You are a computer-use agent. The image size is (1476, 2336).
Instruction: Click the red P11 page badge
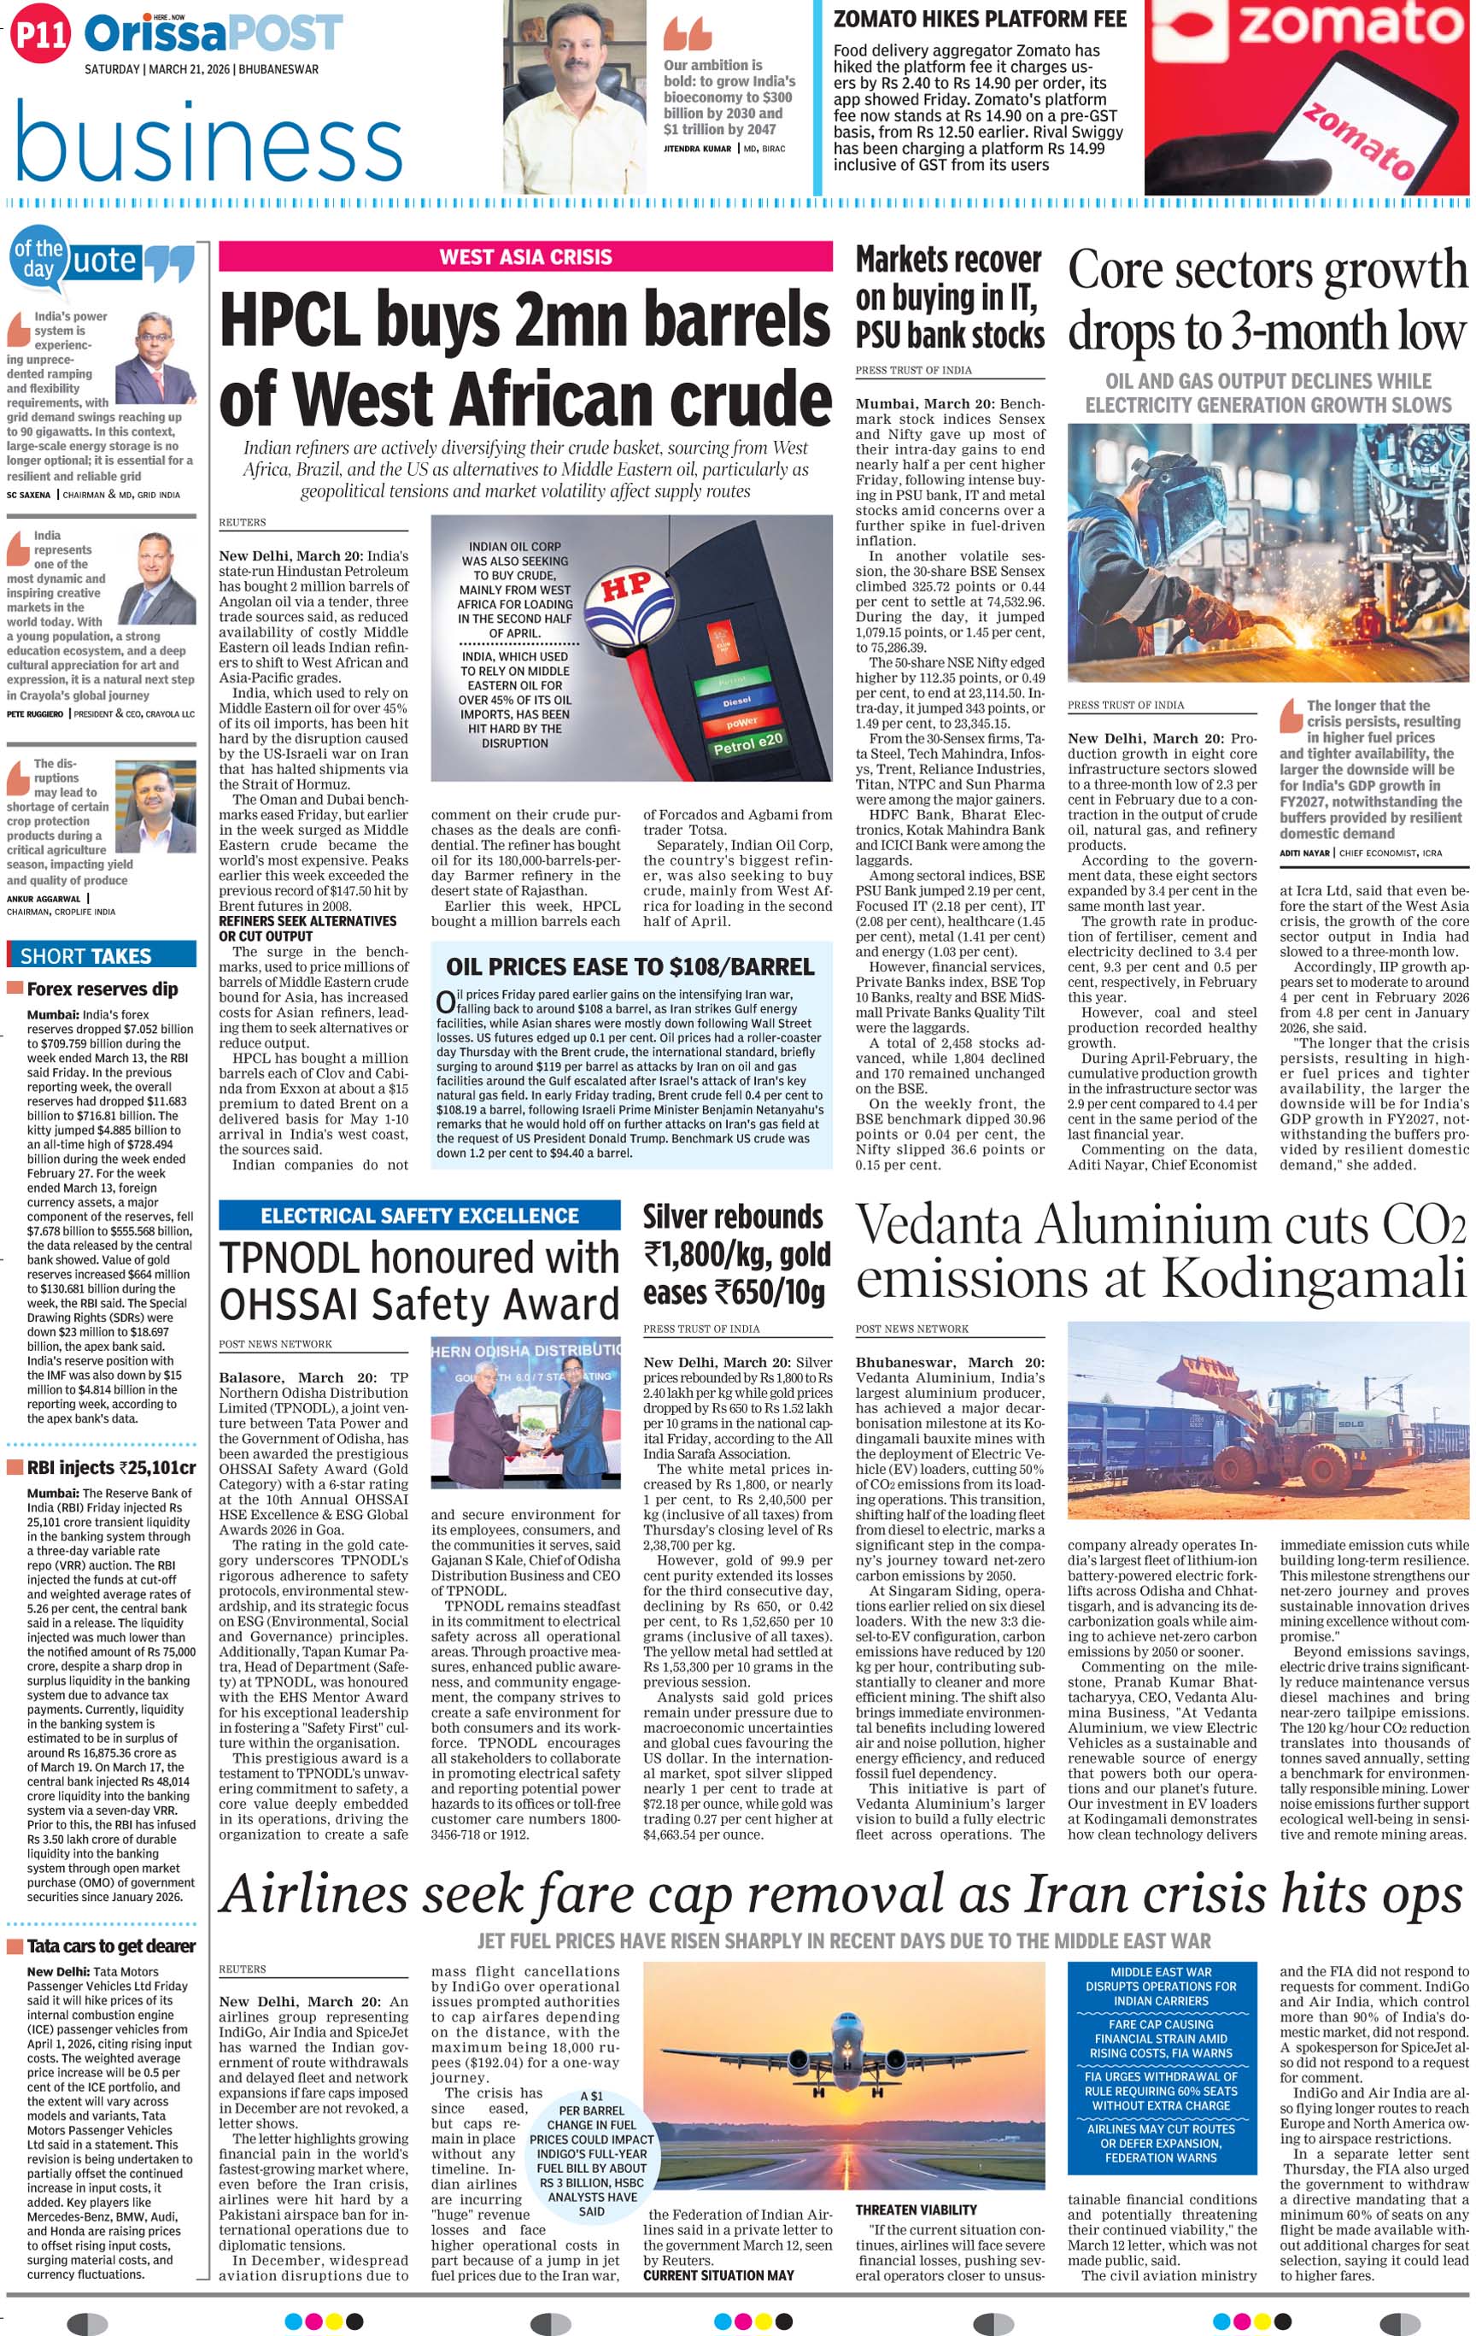tap(41, 36)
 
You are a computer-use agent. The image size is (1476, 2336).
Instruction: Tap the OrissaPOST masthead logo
tap(214, 35)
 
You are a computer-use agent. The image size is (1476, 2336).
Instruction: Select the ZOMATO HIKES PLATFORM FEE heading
tap(980, 19)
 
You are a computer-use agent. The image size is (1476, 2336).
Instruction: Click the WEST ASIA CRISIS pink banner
tap(524, 257)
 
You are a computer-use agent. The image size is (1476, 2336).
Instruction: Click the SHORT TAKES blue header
tap(86, 955)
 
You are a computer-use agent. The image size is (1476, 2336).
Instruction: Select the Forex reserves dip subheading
tap(102, 989)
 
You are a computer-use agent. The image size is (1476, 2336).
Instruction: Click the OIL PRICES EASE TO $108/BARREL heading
tap(630, 967)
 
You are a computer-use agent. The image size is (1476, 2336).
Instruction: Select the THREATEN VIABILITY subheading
tap(916, 2210)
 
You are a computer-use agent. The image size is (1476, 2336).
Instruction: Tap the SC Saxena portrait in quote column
tap(155, 358)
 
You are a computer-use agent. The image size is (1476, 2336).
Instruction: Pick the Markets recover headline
tap(948, 296)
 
